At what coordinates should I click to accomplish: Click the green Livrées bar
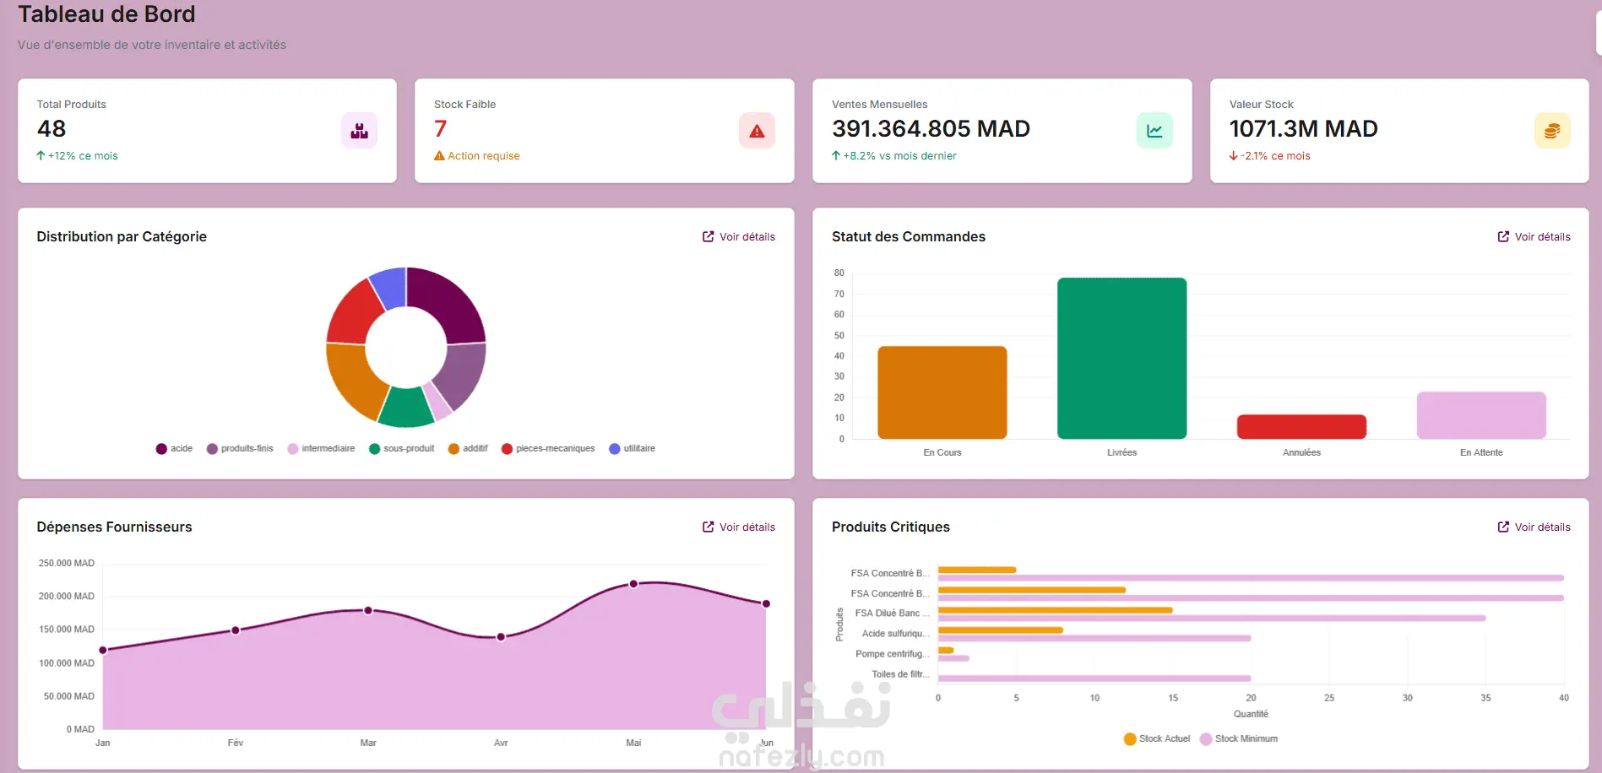(x=1121, y=359)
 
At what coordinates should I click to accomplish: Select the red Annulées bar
(x=1301, y=427)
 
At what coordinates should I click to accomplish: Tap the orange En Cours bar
(x=942, y=392)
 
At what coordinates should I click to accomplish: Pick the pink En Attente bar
(x=1481, y=415)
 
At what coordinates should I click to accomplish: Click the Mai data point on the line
(x=633, y=584)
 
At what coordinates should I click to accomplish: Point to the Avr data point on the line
(x=501, y=637)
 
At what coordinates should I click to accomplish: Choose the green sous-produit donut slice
(x=405, y=407)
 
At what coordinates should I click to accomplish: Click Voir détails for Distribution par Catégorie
(x=739, y=237)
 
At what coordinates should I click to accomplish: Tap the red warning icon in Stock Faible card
(x=757, y=131)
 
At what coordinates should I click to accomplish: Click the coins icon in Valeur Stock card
(x=1551, y=131)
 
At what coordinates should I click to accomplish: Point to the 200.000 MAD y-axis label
(x=67, y=597)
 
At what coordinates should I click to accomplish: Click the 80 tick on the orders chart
(x=839, y=273)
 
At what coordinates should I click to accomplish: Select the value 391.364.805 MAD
(x=931, y=129)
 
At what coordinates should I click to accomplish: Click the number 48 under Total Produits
(x=52, y=129)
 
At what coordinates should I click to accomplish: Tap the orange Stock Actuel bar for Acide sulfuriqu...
(x=1000, y=630)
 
